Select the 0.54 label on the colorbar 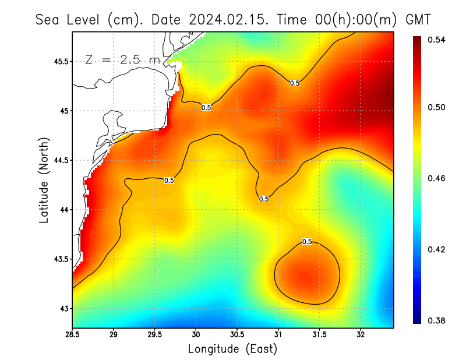[433, 40]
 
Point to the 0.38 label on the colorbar [433, 321]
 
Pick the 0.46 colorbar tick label [433, 178]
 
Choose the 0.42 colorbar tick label [433, 249]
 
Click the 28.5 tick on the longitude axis [73, 334]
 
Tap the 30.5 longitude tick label [237, 334]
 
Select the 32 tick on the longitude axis [361, 334]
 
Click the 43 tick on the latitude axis [63, 308]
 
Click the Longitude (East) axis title [232, 349]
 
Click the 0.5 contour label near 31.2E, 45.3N [295, 83]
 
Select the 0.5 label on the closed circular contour [307, 241]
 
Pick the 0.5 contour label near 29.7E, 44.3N [169, 181]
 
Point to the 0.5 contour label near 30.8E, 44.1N [264, 199]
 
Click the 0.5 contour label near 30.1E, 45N [206, 108]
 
